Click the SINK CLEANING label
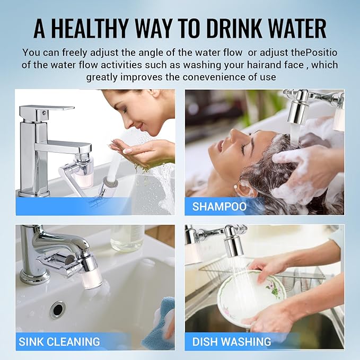(x=59, y=341)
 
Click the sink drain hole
(x=57, y=310)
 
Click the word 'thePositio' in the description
(x=314, y=53)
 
